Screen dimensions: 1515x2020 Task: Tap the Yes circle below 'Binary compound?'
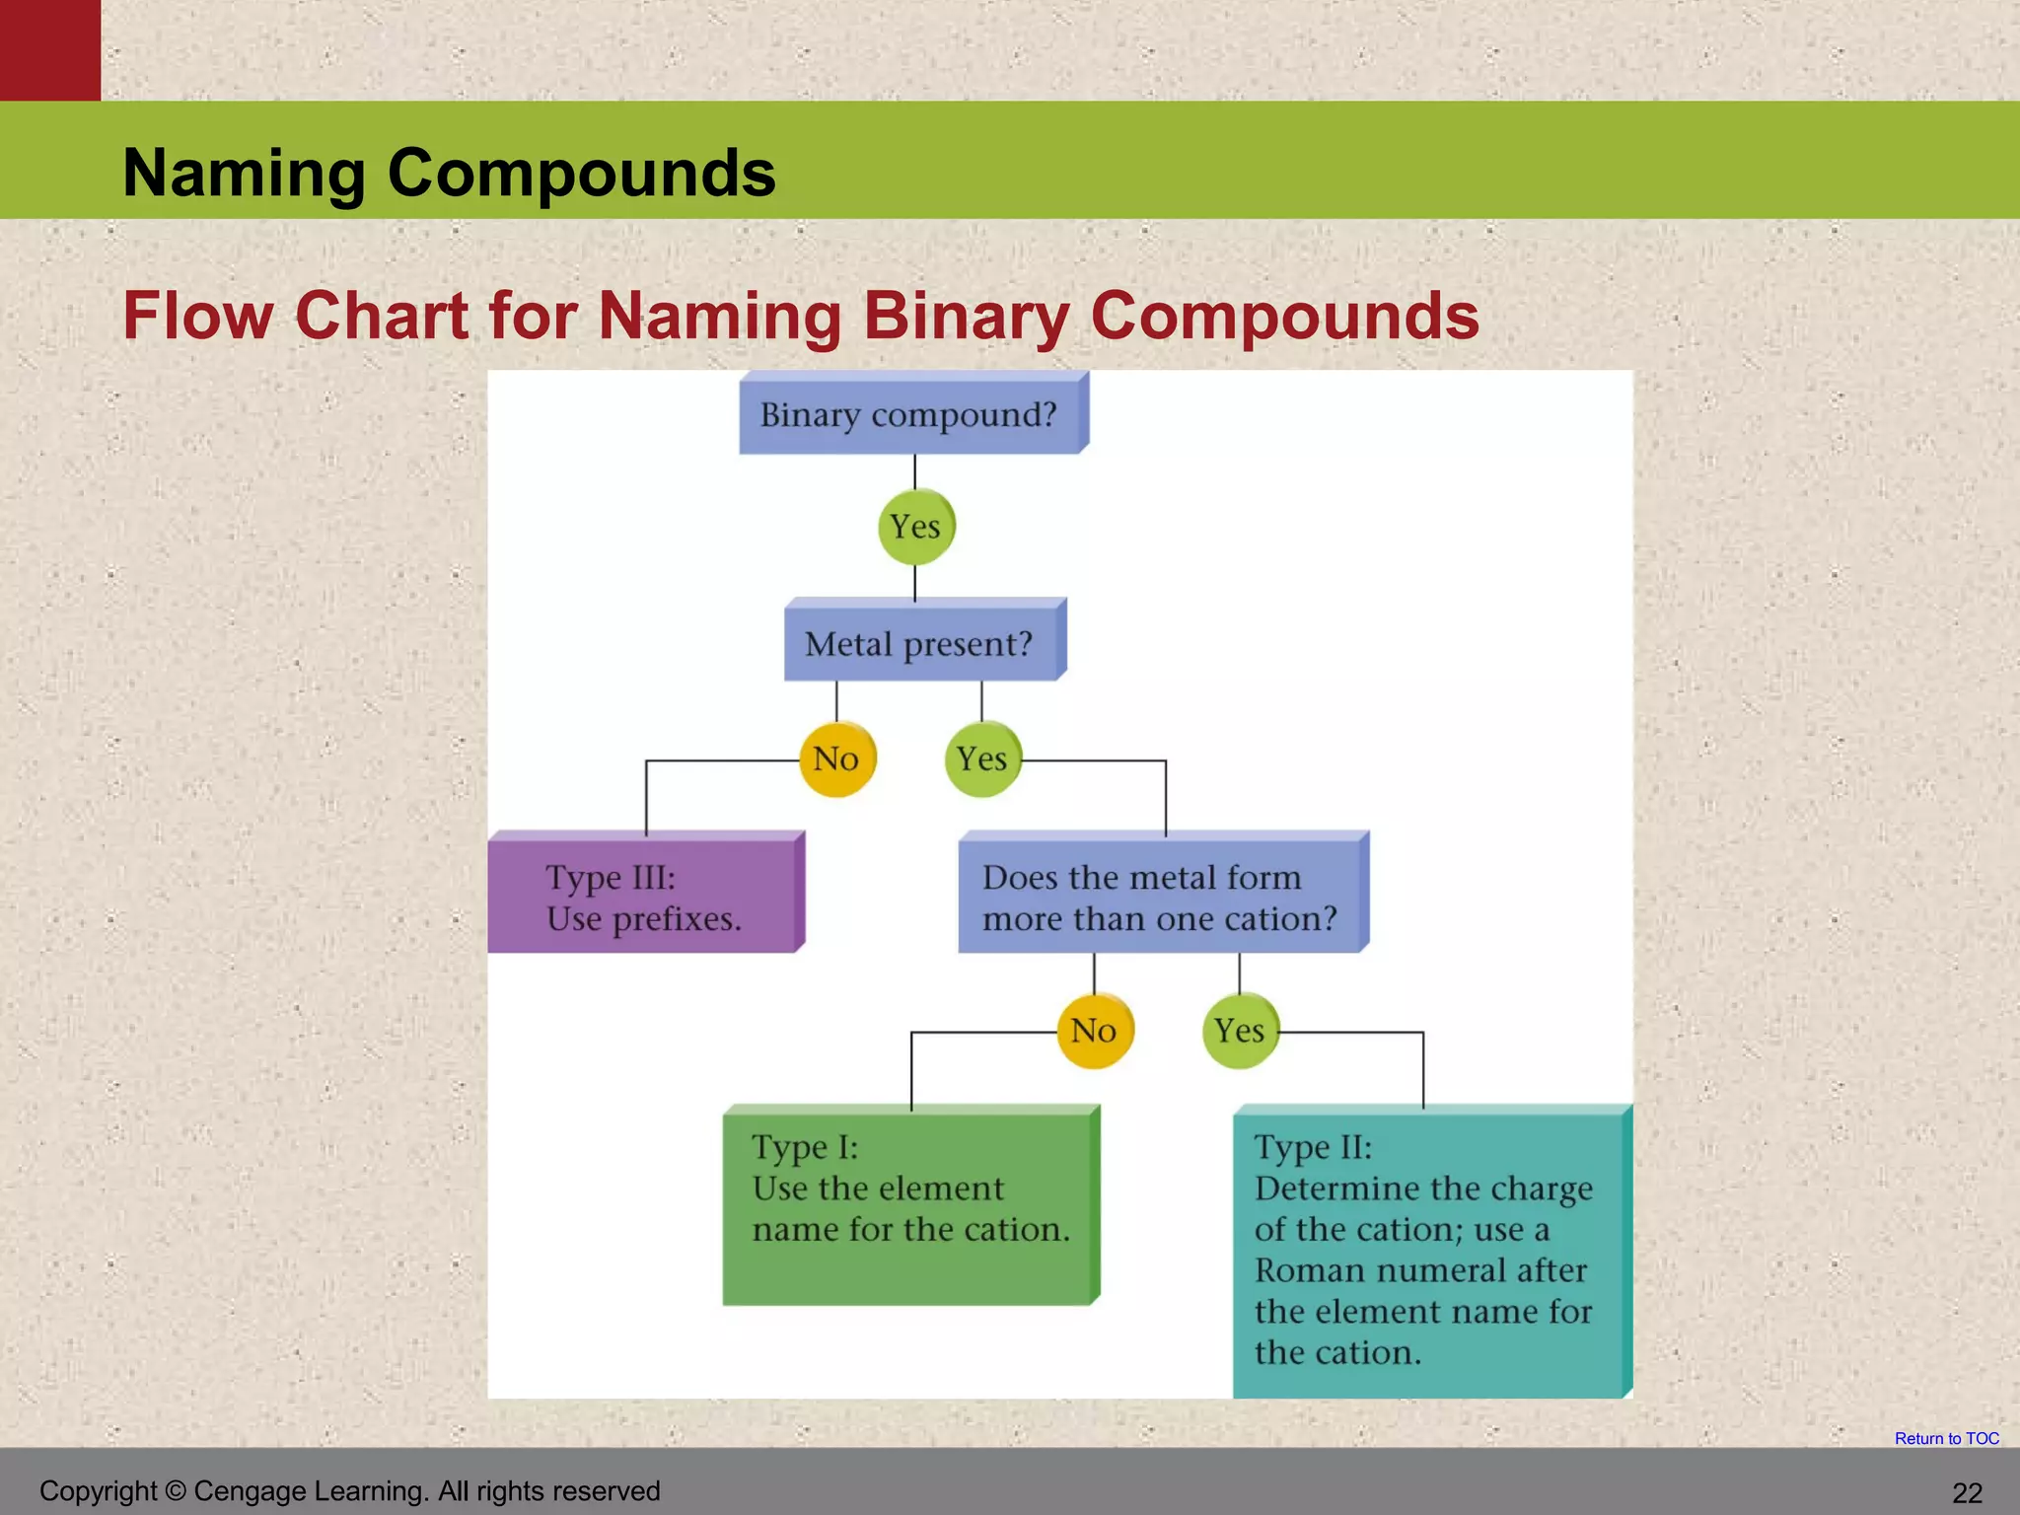[x=915, y=526]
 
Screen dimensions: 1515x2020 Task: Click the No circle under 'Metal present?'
[x=836, y=758]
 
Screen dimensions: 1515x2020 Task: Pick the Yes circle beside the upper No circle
[x=982, y=758]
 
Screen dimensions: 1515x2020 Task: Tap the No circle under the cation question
[x=1094, y=1031]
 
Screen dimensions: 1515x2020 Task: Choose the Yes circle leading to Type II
[x=1240, y=1031]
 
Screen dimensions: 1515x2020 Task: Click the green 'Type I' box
[x=909, y=1206]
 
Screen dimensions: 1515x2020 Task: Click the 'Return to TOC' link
[x=1946, y=1439]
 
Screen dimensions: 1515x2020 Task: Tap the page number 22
[x=1967, y=1493]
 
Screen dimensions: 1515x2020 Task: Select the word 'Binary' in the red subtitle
[x=966, y=317]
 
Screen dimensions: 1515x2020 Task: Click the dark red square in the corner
[x=49, y=49]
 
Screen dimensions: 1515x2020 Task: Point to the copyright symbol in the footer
[x=176, y=1491]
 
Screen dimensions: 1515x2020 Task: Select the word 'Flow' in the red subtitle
[x=197, y=317]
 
